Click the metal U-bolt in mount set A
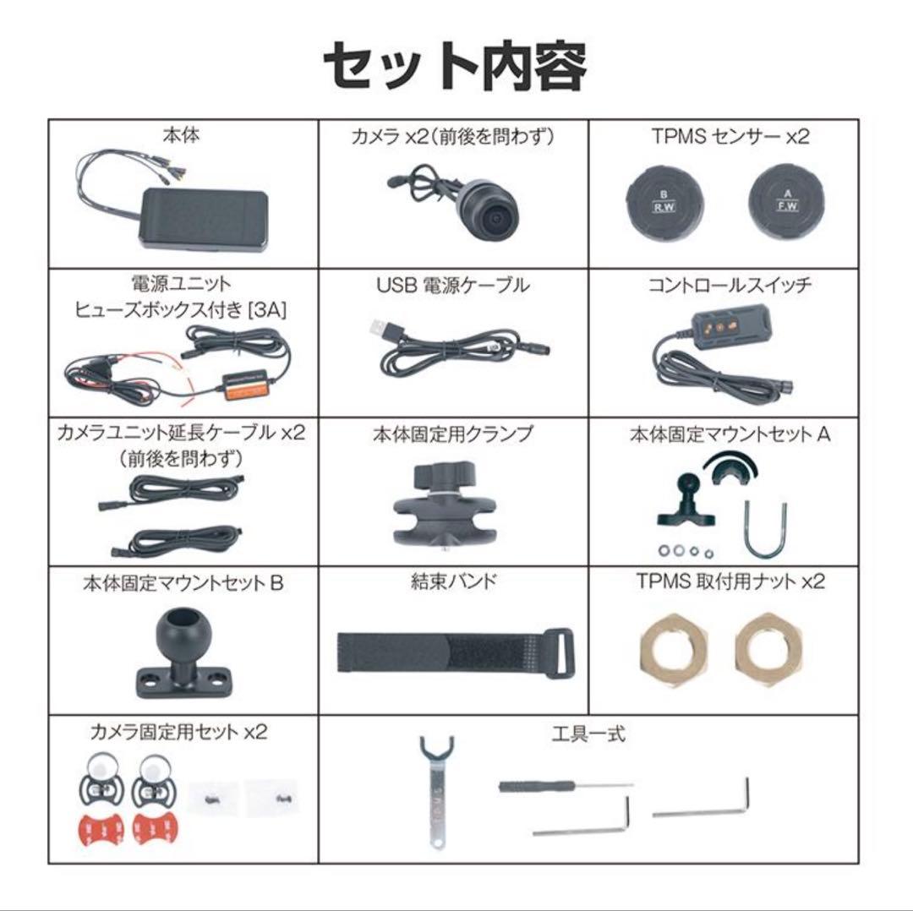click(x=765, y=531)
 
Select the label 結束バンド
click(x=453, y=581)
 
